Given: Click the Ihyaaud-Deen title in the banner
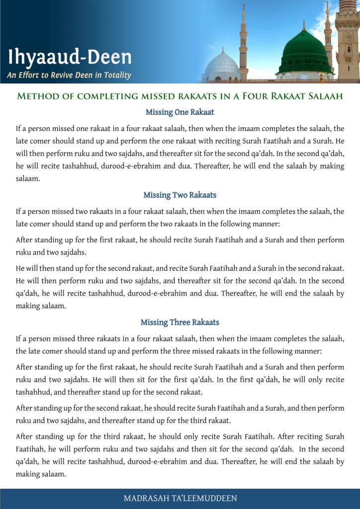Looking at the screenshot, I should coord(69,58).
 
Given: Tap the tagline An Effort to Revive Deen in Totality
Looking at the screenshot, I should coord(69,76).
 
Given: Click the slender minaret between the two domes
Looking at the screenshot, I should coord(243,45).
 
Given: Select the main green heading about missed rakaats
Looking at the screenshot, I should coord(180,96).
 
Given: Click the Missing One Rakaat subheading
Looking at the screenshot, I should coord(180,112).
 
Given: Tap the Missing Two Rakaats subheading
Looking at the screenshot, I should coord(180,195).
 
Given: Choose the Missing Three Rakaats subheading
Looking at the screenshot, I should coord(180,322).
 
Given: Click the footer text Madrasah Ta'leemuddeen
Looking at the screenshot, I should coord(180,498).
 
